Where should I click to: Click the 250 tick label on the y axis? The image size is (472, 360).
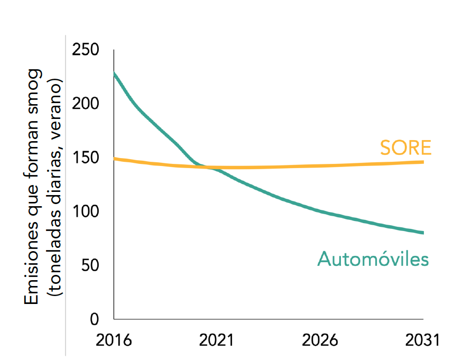tap(87, 51)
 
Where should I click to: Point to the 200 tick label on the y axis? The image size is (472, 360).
tap(87, 104)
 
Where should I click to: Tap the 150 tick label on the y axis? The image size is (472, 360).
tap(87, 158)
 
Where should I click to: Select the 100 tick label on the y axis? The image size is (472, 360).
tap(87, 212)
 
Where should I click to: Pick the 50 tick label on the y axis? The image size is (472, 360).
tap(91, 265)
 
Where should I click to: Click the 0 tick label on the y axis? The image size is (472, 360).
tap(95, 319)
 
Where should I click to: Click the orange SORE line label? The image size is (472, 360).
tap(405, 147)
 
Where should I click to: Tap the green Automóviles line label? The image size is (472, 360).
tap(373, 259)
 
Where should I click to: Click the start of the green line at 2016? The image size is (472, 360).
tap(114, 73)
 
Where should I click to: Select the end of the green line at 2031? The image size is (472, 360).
tap(423, 233)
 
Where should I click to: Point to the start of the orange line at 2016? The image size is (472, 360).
tap(114, 159)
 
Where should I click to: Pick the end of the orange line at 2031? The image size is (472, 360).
tap(423, 162)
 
